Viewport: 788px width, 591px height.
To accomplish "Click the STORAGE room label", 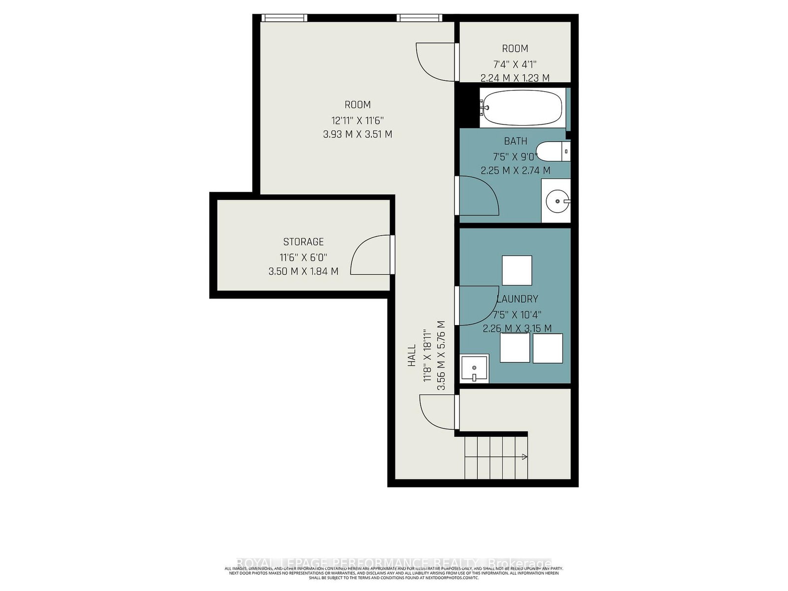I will [x=303, y=242].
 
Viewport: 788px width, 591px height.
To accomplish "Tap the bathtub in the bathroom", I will [x=522, y=108].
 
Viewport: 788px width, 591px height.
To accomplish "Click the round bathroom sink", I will [x=557, y=201].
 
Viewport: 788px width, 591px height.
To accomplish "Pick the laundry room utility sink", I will [x=474, y=368].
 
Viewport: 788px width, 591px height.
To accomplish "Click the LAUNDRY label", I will [x=517, y=299].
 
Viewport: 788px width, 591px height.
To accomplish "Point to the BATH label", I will [x=515, y=141].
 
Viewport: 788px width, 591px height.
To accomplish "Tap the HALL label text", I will [x=412, y=355].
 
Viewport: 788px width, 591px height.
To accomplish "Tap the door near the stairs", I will [x=438, y=412].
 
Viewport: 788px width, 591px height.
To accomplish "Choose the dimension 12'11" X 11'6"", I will [x=358, y=120].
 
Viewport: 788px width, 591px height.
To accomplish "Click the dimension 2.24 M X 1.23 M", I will [x=515, y=78].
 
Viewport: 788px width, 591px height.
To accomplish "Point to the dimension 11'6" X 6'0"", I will [x=303, y=257].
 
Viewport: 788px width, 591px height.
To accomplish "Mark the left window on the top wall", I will [x=284, y=18].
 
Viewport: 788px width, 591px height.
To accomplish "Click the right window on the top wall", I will [x=420, y=18].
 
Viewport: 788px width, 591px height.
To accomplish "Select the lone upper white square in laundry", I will [x=517, y=270].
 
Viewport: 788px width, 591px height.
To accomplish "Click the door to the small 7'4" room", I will [x=436, y=62].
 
